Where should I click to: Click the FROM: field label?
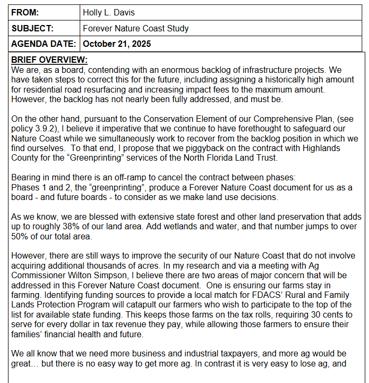25,12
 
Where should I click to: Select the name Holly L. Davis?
109,12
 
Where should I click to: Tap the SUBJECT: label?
32,28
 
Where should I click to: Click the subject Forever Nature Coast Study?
136,28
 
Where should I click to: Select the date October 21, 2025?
117,44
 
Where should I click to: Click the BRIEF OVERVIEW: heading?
49,60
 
